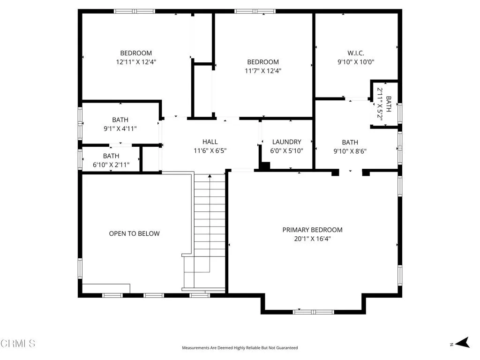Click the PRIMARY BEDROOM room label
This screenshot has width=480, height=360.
(312, 230)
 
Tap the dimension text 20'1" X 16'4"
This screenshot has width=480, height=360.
(312, 239)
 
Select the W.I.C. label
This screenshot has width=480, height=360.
(356, 53)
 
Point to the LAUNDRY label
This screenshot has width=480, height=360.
(286, 142)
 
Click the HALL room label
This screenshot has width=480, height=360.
(210, 142)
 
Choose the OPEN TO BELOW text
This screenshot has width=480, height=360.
(134, 233)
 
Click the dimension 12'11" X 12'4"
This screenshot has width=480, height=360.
(136, 62)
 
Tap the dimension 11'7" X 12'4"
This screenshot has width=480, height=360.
(263, 71)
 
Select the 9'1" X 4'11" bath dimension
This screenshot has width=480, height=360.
(120, 128)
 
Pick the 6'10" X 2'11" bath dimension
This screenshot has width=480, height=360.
(111, 165)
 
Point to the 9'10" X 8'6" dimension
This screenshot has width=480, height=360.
(350, 151)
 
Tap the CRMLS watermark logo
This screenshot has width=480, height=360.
(18, 344)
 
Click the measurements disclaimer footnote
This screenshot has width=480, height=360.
(240, 348)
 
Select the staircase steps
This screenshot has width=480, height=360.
(210, 225)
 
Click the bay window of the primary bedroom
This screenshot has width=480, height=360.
(314, 311)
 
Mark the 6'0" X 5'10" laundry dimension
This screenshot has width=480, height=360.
(286, 151)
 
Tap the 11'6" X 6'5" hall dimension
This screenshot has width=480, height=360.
(210, 150)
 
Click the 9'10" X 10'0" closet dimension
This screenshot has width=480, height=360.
(356, 62)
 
